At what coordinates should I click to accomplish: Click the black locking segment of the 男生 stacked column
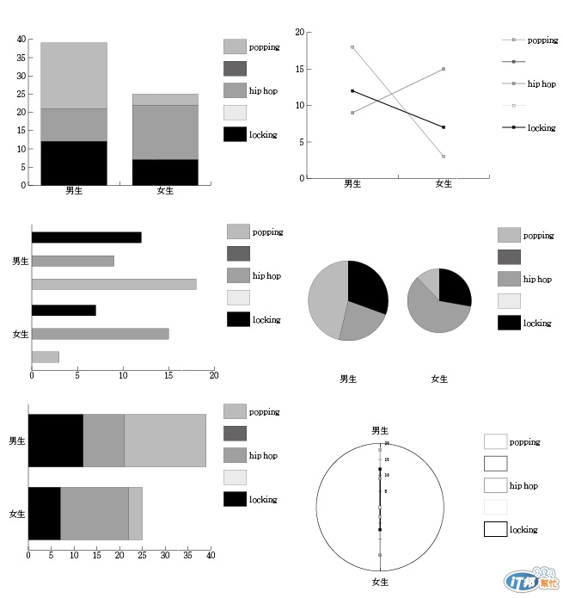74,163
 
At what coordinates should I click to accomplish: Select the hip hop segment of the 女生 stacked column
165,133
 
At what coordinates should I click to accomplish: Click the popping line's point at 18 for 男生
352,47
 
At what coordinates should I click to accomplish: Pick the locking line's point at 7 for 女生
444,127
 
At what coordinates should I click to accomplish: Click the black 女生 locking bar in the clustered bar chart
64,310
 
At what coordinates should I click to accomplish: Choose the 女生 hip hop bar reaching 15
100,333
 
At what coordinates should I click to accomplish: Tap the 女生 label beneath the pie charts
439,379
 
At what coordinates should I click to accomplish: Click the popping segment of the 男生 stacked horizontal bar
164,441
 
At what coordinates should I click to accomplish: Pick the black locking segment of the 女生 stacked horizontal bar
44,515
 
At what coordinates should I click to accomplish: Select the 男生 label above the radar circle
379,429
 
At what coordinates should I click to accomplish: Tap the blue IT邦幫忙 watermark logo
522,582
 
